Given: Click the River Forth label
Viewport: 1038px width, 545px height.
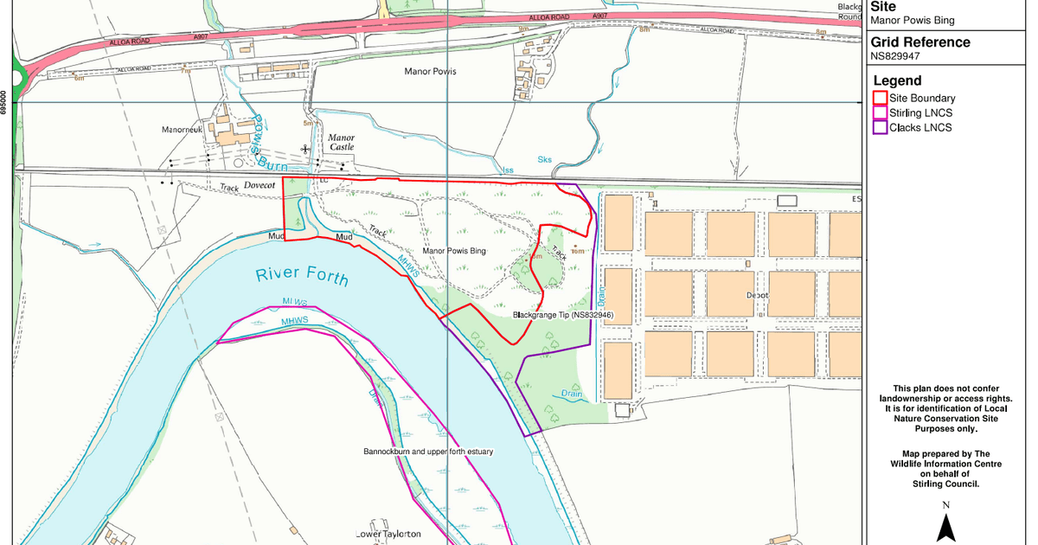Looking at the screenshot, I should click(302, 276).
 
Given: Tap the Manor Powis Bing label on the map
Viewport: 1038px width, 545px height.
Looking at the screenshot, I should click(454, 251).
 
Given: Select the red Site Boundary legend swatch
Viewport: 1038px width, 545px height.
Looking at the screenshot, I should click(881, 99).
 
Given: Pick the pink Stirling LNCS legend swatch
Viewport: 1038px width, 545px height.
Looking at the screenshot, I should click(881, 113).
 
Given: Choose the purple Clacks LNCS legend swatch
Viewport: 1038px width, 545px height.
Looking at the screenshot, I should click(881, 128).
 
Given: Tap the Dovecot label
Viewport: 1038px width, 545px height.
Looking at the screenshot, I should click(259, 185).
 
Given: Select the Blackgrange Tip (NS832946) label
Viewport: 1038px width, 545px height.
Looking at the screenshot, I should click(563, 316).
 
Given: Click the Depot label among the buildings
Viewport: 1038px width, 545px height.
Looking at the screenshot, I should click(757, 295).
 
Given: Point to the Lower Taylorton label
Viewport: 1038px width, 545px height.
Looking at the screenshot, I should click(388, 535).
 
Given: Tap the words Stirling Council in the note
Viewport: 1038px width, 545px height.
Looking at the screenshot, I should click(946, 484).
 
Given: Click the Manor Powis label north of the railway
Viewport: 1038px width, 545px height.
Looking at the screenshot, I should click(430, 71).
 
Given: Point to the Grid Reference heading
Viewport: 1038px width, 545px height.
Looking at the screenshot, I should click(919, 42).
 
